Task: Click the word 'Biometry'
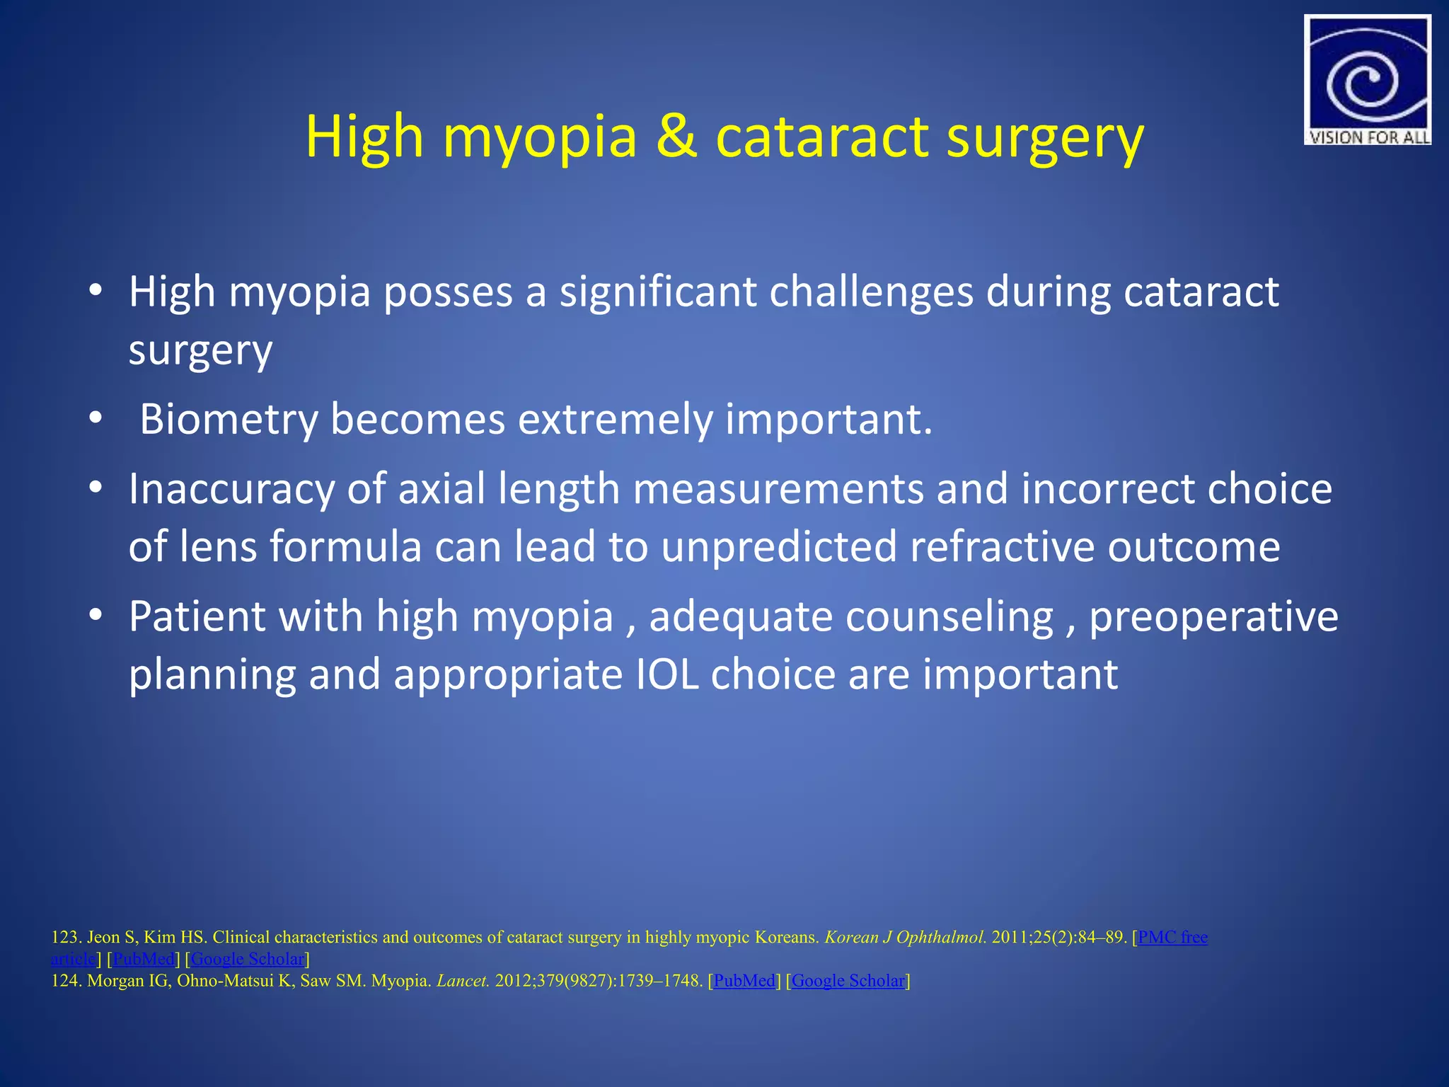(229, 419)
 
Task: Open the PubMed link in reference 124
(745, 981)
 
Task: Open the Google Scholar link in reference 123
(248, 959)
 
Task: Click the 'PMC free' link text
(1172, 937)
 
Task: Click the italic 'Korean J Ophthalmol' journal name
(905, 937)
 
